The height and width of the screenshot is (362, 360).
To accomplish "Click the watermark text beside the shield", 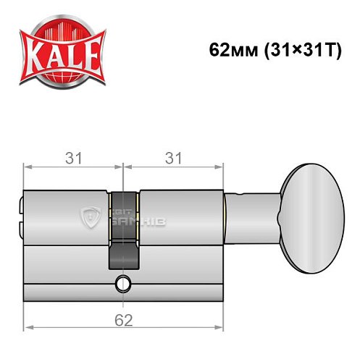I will [142, 215].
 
